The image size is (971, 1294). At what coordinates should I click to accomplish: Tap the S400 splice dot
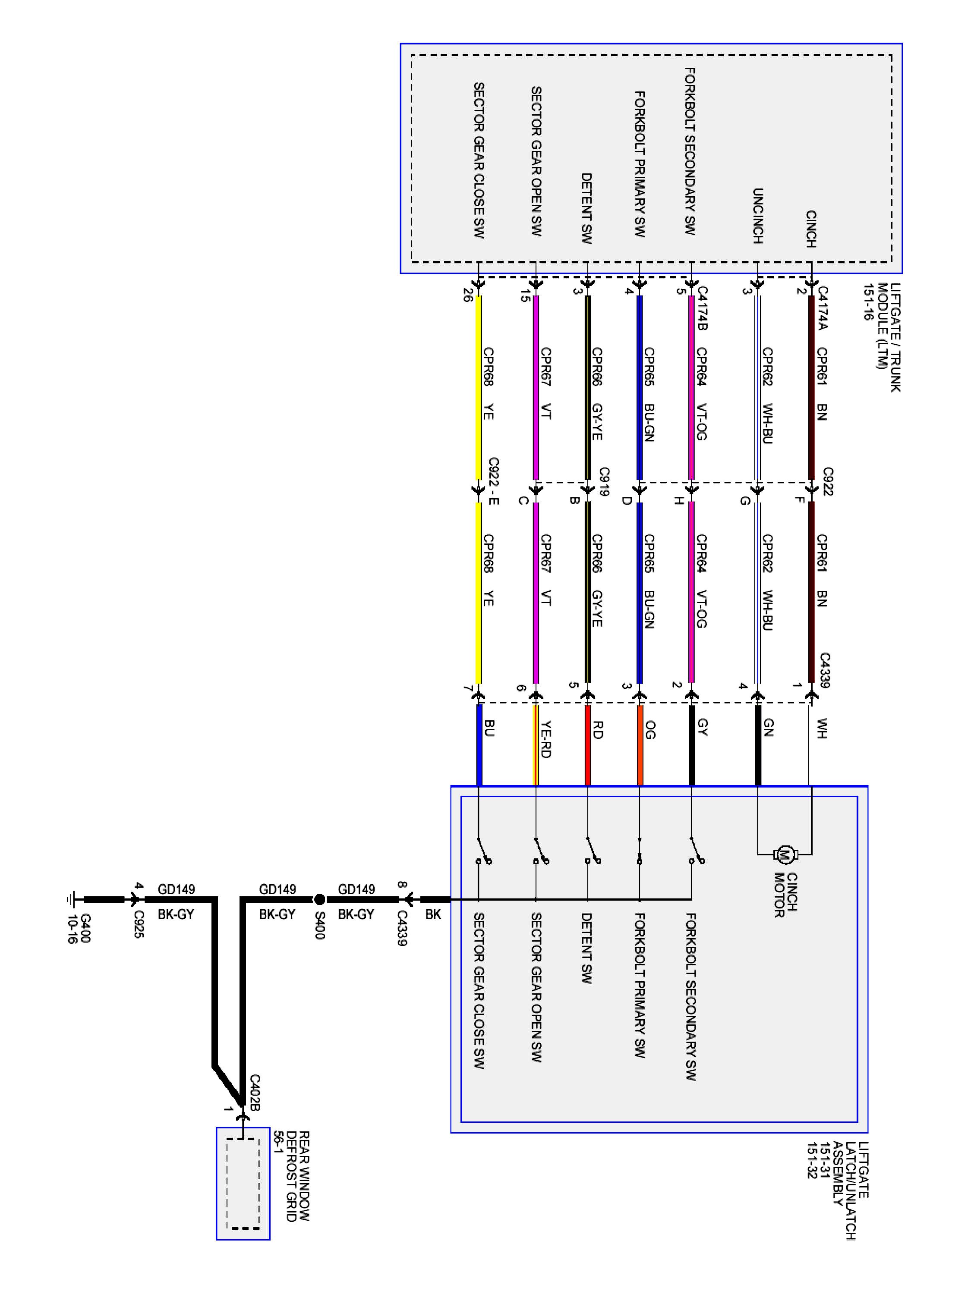coord(320,899)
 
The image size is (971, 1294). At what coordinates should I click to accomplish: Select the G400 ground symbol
coord(73,899)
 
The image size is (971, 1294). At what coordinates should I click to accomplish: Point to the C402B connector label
coord(255,1092)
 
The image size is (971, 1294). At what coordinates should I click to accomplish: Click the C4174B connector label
coord(702,308)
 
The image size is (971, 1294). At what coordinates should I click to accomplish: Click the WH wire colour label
coord(822,729)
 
